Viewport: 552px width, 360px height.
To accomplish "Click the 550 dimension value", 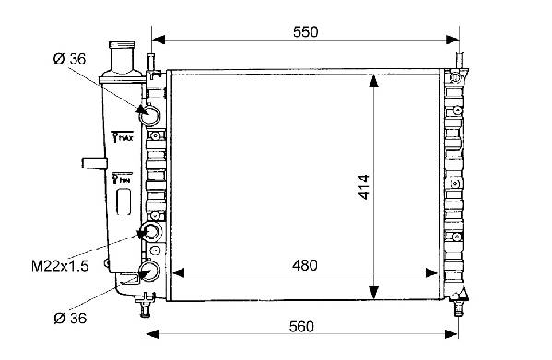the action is [305, 31].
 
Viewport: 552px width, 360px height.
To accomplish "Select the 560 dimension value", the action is [301, 327].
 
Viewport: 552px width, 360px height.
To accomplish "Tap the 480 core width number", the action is [304, 265].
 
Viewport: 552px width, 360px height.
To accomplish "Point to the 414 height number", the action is [364, 187].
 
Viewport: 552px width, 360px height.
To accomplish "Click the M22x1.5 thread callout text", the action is [60, 266].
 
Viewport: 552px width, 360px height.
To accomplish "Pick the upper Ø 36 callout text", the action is [69, 59].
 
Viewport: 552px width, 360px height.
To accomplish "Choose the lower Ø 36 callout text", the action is [70, 319].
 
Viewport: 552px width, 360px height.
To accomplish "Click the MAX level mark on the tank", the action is [123, 136].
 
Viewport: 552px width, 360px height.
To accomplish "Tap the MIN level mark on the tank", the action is [122, 179].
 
